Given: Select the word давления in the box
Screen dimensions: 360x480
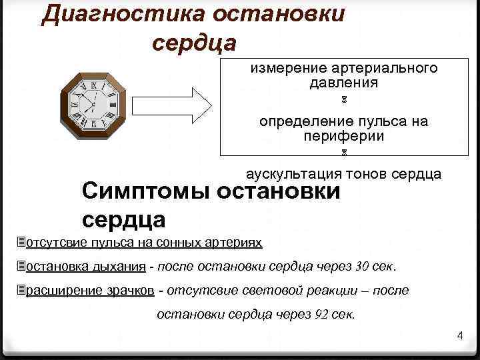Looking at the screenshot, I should click(x=343, y=83).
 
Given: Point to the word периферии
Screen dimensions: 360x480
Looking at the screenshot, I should click(x=343, y=136).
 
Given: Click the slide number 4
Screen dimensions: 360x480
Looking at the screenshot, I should click(x=459, y=335).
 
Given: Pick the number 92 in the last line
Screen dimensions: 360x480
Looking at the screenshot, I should click(x=321, y=315).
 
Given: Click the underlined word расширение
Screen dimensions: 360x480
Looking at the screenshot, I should click(x=59, y=291).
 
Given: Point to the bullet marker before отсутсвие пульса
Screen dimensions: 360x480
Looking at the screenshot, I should click(x=21, y=241).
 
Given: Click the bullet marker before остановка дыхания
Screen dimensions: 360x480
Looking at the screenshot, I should click(x=21, y=267).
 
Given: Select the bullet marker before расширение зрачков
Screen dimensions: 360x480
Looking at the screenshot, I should click(x=21, y=290).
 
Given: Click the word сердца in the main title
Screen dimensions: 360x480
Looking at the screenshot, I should click(x=194, y=43).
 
